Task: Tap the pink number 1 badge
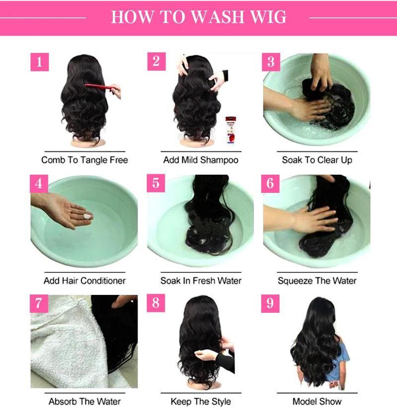point(40,63)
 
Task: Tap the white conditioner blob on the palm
point(87,216)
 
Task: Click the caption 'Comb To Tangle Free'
point(84,160)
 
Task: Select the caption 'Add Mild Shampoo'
point(200,160)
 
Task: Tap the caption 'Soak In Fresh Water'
point(200,280)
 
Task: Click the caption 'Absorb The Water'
point(84,401)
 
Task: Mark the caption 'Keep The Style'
point(200,401)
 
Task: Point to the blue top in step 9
point(342,357)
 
